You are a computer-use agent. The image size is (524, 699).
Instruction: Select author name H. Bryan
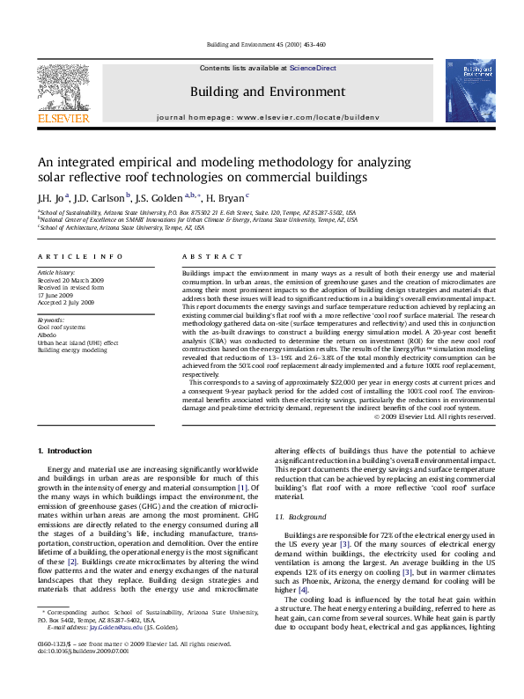pos(230,196)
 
